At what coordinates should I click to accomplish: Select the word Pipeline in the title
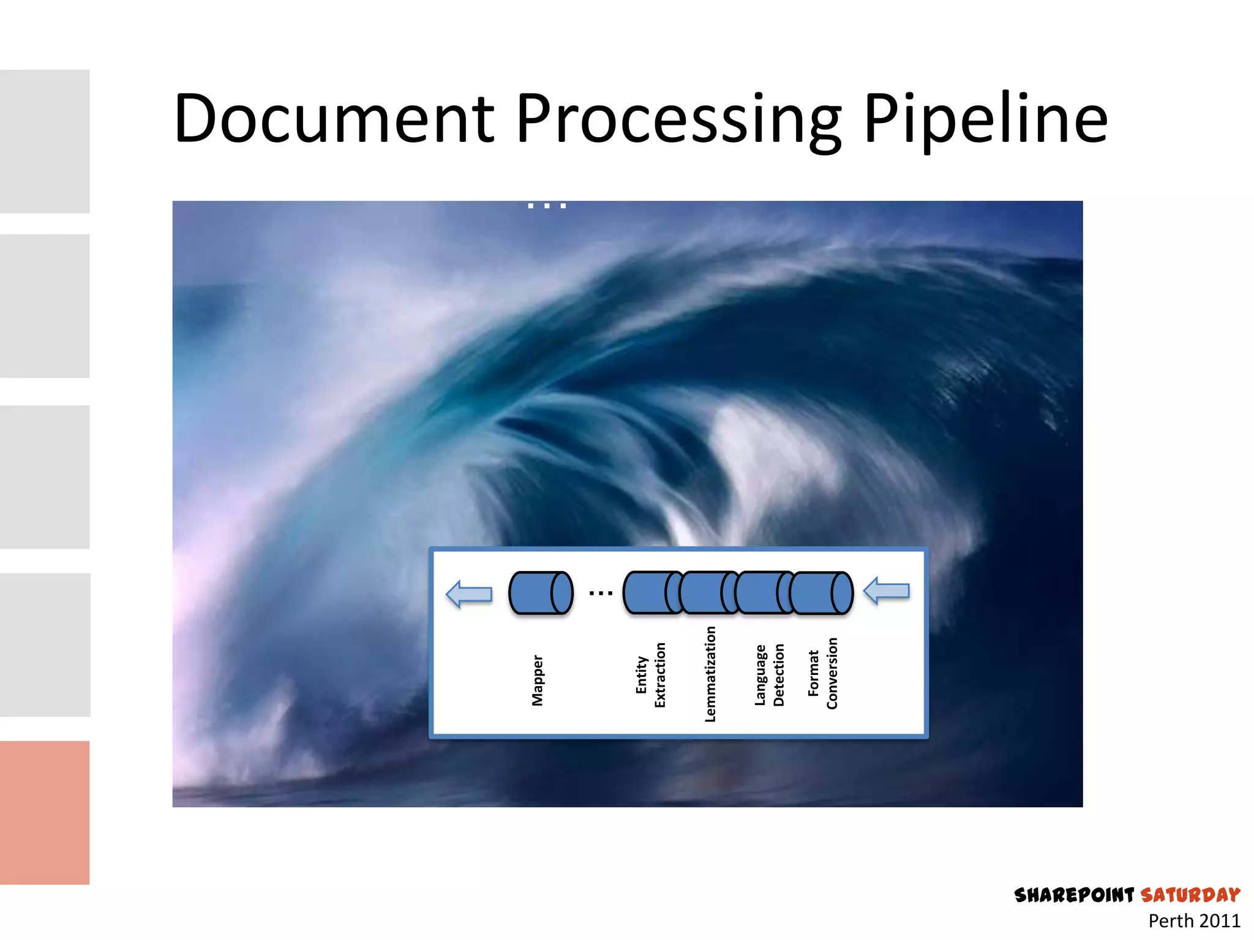pyautogui.click(x=985, y=119)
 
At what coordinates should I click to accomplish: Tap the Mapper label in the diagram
pyautogui.click(x=538, y=681)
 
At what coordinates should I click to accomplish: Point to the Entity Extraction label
pyautogui.click(x=650, y=675)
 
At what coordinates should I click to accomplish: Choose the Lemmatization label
pyautogui.click(x=710, y=674)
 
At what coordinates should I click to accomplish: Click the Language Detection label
pyautogui.click(x=769, y=675)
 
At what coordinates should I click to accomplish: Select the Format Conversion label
pyautogui.click(x=822, y=673)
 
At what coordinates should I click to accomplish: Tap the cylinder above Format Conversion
pyautogui.click(x=821, y=592)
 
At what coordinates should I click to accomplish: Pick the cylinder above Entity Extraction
pyautogui.click(x=649, y=592)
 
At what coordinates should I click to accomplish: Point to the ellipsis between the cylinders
pyautogui.click(x=601, y=593)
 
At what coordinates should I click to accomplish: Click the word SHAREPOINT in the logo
pyautogui.click(x=1074, y=895)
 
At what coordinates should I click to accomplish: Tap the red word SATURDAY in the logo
pyautogui.click(x=1190, y=895)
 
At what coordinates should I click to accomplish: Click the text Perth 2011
pyautogui.click(x=1194, y=921)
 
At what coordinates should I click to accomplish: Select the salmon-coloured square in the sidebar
pyautogui.click(x=45, y=812)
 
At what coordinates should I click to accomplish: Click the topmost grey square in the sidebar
pyautogui.click(x=45, y=141)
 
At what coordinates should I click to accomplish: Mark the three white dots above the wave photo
pyautogui.click(x=547, y=206)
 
